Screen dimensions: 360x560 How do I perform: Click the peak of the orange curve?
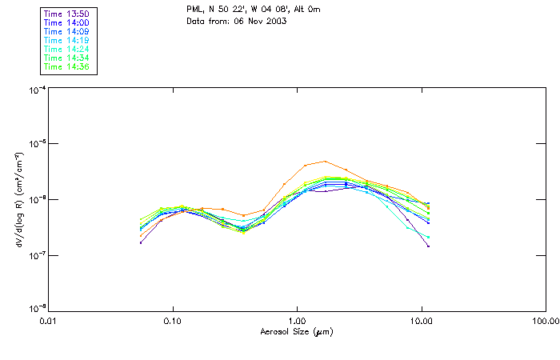tap(325, 161)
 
